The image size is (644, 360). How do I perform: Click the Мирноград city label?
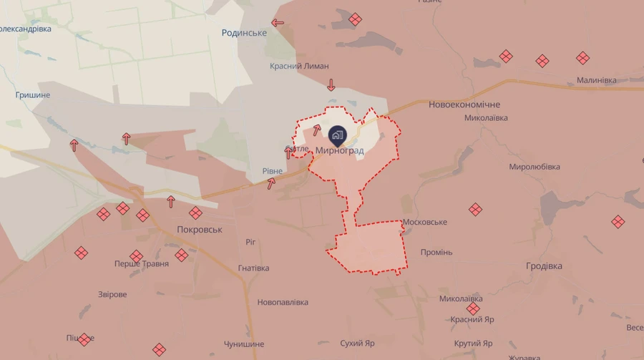(x=339, y=151)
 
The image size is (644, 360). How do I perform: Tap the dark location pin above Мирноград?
(x=338, y=135)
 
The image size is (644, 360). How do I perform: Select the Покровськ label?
(x=200, y=230)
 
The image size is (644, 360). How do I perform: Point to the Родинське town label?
(x=244, y=33)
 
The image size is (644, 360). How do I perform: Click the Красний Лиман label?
(x=299, y=66)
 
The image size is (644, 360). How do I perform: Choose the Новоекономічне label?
(x=464, y=104)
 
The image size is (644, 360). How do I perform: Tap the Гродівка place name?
(x=544, y=266)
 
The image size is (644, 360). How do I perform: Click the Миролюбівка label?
(x=534, y=167)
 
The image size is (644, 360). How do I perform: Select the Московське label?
(x=424, y=223)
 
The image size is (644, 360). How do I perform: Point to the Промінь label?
(x=436, y=253)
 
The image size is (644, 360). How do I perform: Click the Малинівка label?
(x=596, y=80)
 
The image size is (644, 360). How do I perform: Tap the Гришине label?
(x=33, y=95)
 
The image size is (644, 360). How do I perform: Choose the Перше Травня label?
(x=142, y=264)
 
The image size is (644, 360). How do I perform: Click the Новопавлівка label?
(x=283, y=303)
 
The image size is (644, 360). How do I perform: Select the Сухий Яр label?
(x=357, y=344)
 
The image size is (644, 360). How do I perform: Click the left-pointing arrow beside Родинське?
(x=278, y=23)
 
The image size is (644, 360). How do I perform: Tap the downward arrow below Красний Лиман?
(x=331, y=86)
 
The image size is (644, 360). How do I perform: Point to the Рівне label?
(x=272, y=172)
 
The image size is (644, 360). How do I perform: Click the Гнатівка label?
(x=253, y=268)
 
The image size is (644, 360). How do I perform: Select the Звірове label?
(x=112, y=295)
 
